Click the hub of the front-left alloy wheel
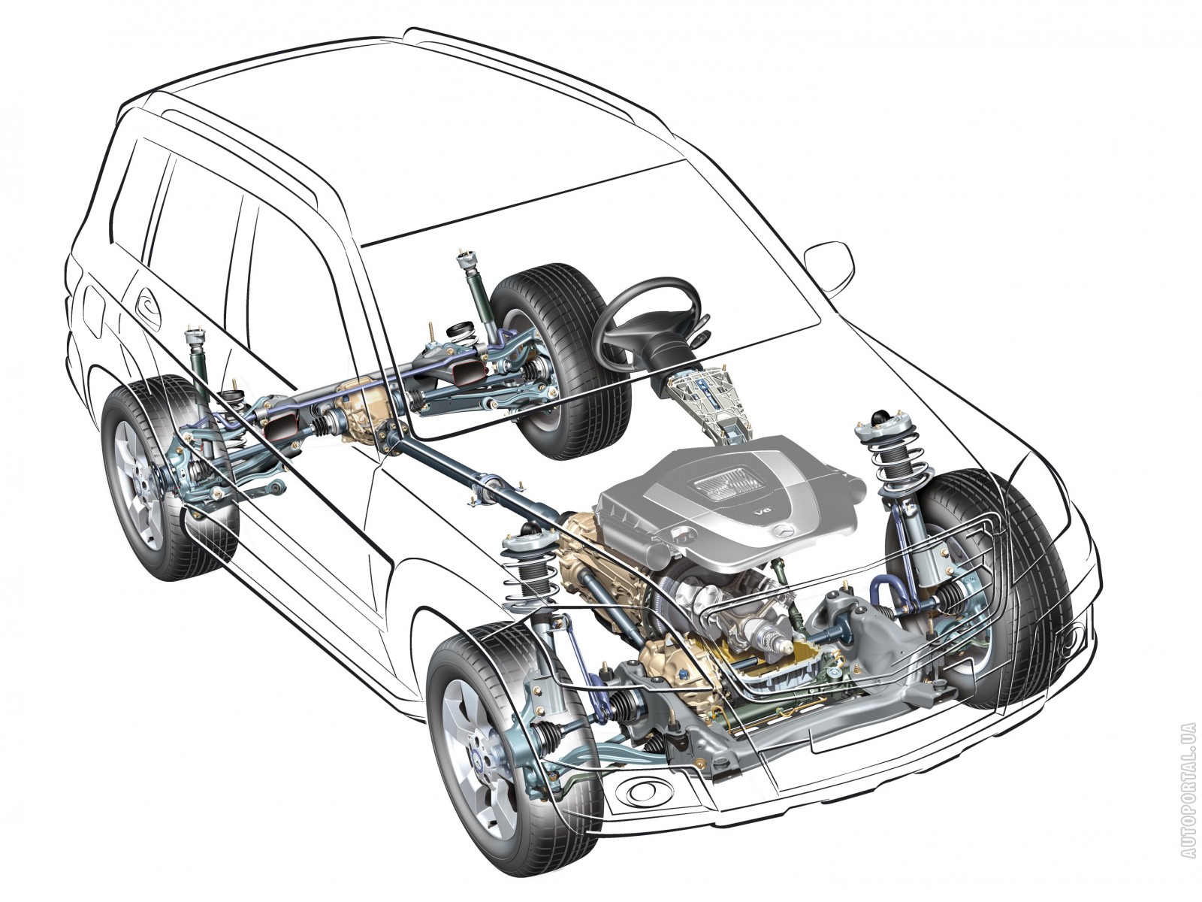pyautogui.click(x=480, y=758)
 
